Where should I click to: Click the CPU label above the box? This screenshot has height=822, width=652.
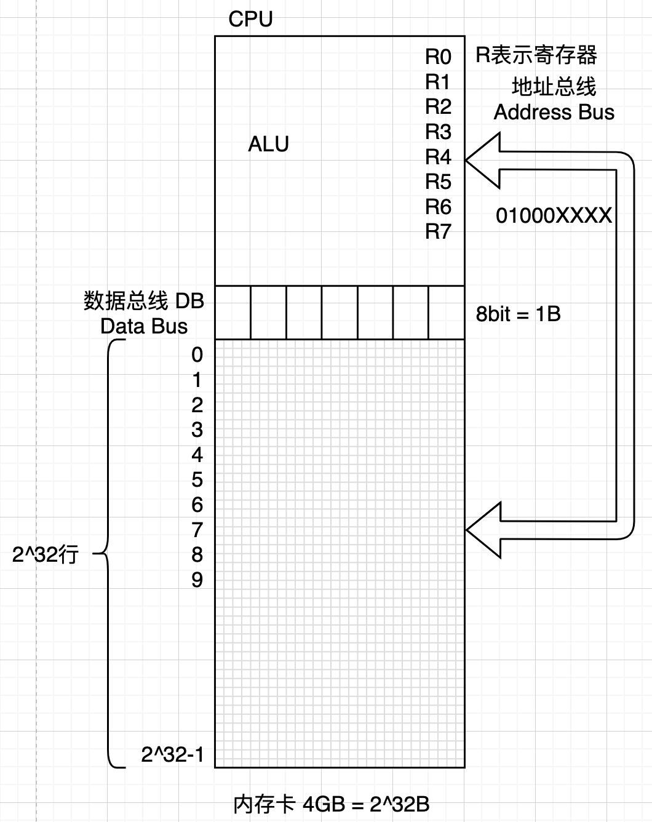pyautogui.click(x=250, y=20)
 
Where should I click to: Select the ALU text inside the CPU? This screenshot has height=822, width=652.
pyautogui.click(x=268, y=144)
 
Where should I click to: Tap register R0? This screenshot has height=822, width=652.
pyautogui.click(x=438, y=57)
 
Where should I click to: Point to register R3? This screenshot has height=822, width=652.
pyautogui.click(x=438, y=132)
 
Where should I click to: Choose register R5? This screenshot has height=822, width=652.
pyautogui.click(x=438, y=182)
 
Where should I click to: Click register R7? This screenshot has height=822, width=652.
pyautogui.click(x=438, y=231)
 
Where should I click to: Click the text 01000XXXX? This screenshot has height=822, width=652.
pyautogui.click(x=554, y=215)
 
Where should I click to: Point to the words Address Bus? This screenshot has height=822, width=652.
pyautogui.click(x=554, y=112)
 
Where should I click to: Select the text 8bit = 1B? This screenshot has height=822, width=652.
pyautogui.click(x=518, y=314)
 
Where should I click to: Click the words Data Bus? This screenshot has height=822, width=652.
pyautogui.click(x=143, y=326)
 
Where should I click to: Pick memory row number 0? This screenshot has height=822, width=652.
pyautogui.click(x=197, y=354)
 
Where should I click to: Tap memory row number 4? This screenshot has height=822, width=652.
pyautogui.click(x=197, y=455)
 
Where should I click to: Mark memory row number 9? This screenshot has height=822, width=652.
pyautogui.click(x=197, y=580)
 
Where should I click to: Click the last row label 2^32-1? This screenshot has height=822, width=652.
pyautogui.click(x=172, y=754)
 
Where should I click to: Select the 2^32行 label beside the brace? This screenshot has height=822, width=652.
pyautogui.click(x=46, y=555)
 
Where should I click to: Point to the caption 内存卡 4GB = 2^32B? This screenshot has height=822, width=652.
pyautogui.click(x=331, y=804)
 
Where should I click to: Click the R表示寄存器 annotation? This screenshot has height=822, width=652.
pyautogui.click(x=536, y=55)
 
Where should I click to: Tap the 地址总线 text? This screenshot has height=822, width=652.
pyautogui.click(x=554, y=87)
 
